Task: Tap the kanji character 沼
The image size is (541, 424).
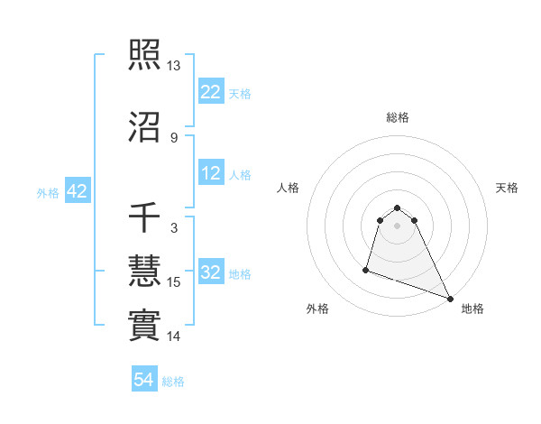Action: [x=144, y=129]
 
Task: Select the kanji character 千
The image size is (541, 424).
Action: [x=144, y=219]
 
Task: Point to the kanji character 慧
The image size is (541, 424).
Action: [x=144, y=272]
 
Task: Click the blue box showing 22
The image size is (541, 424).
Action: [x=211, y=92]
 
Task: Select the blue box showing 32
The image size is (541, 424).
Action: [x=211, y=273]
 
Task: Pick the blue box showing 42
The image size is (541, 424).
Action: [x=77, y=191]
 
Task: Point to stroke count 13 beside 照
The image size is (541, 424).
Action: [x=174, y=67]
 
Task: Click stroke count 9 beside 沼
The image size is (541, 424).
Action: [x=174, y=138]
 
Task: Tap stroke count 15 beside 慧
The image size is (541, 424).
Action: [x=174, y=282]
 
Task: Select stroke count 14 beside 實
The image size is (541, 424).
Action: [x=174, y=336]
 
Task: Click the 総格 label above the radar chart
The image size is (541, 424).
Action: [x=398, y=117]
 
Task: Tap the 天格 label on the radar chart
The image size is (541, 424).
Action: [x=508, y=188]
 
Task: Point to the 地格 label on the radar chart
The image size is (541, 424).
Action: [x=472, y=309]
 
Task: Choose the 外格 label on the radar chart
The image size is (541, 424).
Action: [x=317, y=309]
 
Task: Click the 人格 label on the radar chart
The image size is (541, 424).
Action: [x=289, y=188]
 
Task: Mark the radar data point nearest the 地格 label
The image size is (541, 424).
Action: [x=450, y=299]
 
